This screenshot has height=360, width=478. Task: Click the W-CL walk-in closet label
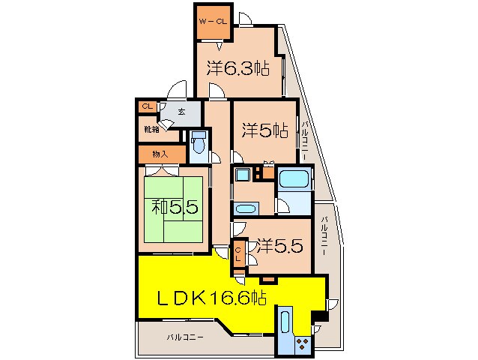click(x=211, y=21)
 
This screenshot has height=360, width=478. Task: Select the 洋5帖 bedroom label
click(x=264, y=130)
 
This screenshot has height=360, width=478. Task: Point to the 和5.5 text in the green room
click(x=174, y=205)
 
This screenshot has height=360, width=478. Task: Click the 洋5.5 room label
click(x=279, y=244)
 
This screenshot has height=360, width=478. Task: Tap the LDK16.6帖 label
click(x=212, y=298)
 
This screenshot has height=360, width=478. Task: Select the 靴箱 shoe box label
click(x=151, y=129)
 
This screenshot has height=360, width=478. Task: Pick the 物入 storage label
click(x=160, y=154)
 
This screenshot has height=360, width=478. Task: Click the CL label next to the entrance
click(x=147, y=106)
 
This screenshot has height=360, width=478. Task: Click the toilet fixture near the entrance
click(x=199, y=145)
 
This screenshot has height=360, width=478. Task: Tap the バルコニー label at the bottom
click(x=185, y=338)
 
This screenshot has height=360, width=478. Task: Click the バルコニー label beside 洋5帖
click(x=306, y=139)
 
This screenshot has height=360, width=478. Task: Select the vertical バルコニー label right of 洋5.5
click(x=324, y=237)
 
